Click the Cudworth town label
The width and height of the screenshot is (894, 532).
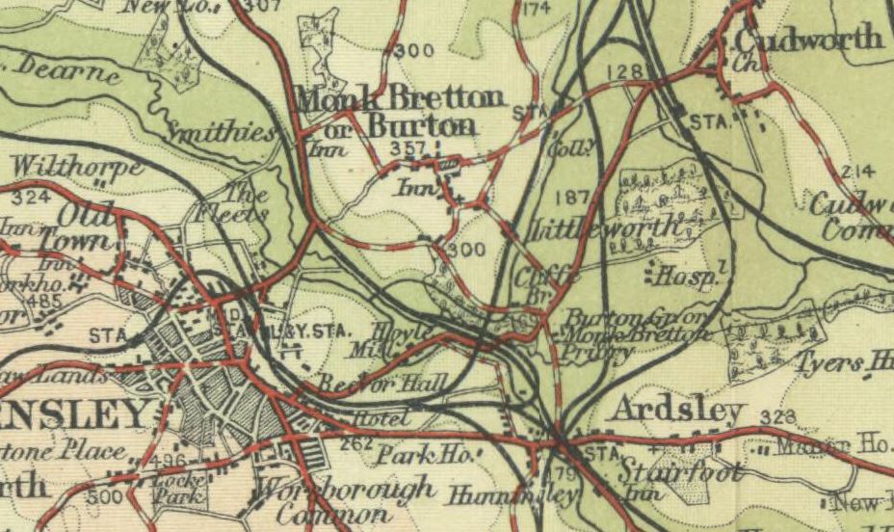point(808,39)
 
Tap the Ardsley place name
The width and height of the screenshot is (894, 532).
point(678,411)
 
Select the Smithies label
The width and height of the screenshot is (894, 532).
point(223,132)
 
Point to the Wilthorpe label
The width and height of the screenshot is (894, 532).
point(77,167)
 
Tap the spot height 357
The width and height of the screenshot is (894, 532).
point(408,147)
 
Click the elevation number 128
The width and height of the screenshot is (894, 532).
point(625,71)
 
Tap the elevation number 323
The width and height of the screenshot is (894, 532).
point(776,416)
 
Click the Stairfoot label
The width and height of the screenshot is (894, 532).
point(678,473)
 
